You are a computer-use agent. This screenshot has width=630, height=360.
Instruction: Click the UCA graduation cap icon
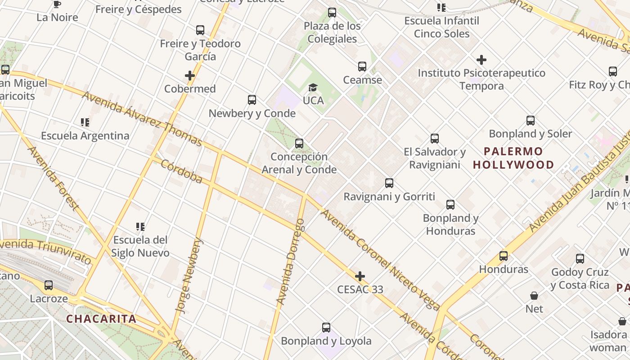(313, 87)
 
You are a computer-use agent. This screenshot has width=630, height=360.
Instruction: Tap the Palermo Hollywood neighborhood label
(513, 158)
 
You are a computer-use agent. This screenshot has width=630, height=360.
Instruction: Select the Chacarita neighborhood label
(101, 319)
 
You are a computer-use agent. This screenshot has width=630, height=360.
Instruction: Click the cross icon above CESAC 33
(360, 276)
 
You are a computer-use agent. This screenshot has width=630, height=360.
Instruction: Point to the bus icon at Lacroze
(49, 285)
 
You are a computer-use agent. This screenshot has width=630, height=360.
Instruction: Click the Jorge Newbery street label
(189, 275)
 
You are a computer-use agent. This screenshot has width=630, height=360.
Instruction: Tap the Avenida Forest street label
(53, 178)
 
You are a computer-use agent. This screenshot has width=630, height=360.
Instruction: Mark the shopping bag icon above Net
(534, 296)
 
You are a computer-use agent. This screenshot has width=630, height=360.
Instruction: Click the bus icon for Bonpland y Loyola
(326, 328)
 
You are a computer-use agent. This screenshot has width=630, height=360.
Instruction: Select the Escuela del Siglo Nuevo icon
(140, 226)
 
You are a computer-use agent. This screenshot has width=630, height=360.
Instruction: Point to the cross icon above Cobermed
(190, 76)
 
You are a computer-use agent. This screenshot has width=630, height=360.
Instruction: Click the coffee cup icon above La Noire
(57, 4)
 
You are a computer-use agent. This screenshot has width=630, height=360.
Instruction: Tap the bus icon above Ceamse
(362, 67)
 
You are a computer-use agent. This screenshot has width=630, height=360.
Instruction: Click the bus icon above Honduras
(504, 256)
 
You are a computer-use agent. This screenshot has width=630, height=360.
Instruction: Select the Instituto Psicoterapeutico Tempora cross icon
(481, 60)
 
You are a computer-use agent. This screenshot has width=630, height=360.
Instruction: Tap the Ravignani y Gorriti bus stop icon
(389, 183)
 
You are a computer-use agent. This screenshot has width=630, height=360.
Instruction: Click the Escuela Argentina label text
(85, 135)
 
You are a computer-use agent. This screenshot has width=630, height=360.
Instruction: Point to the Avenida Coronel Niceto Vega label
(380, 260)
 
